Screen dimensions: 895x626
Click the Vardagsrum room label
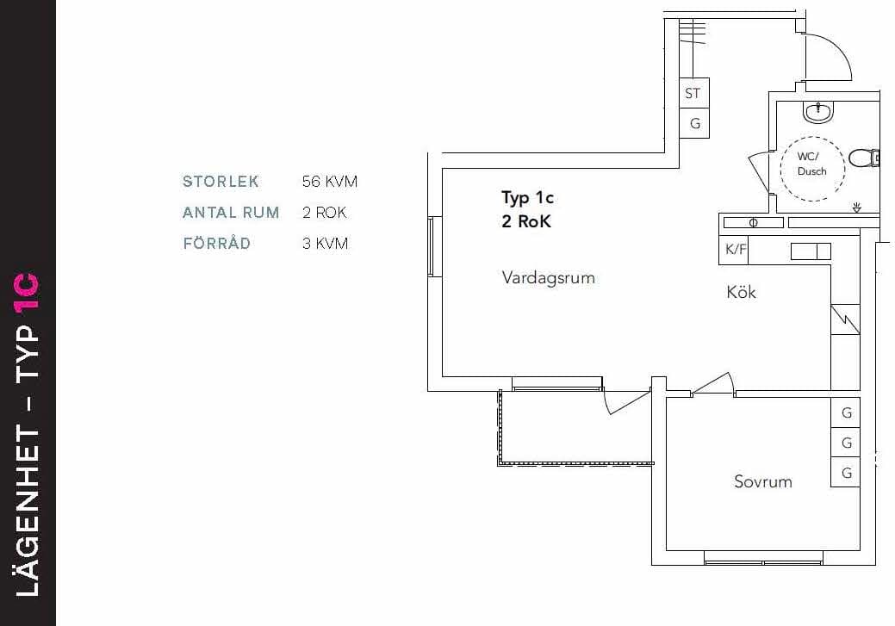coord(549,278)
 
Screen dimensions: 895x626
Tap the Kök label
coord(741,292)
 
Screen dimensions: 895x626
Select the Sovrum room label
coord(763,481)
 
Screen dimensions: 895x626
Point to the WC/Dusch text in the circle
coord(811,164)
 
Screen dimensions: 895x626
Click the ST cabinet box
coord(694,93)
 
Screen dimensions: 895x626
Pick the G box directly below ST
coord(694,123)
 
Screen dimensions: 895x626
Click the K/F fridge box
coord(734,250)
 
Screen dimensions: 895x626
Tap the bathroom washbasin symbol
coord(818,112)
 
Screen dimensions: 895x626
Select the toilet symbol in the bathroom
coord(864,158)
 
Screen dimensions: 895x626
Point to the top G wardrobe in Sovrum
coord(845,412)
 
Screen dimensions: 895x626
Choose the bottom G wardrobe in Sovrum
coord(845,472)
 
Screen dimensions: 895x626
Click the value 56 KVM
coord(330,182)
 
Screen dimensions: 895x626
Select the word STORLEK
coord(221,182)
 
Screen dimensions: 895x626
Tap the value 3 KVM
coord(326,244)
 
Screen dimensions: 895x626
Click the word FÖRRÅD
coord(217,243)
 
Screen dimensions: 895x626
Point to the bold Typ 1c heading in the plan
coord(528,198)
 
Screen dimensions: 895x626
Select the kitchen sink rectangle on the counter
coord(811,251)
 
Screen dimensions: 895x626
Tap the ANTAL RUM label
coord(231,213)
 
